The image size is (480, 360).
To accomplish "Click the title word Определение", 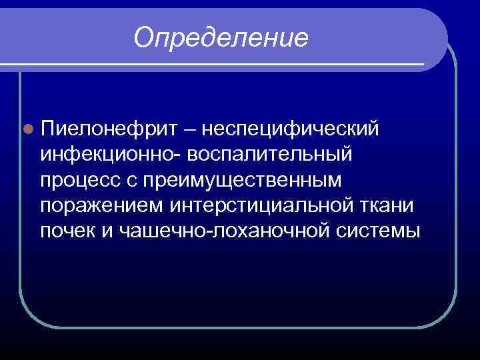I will tap(221, 38).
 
